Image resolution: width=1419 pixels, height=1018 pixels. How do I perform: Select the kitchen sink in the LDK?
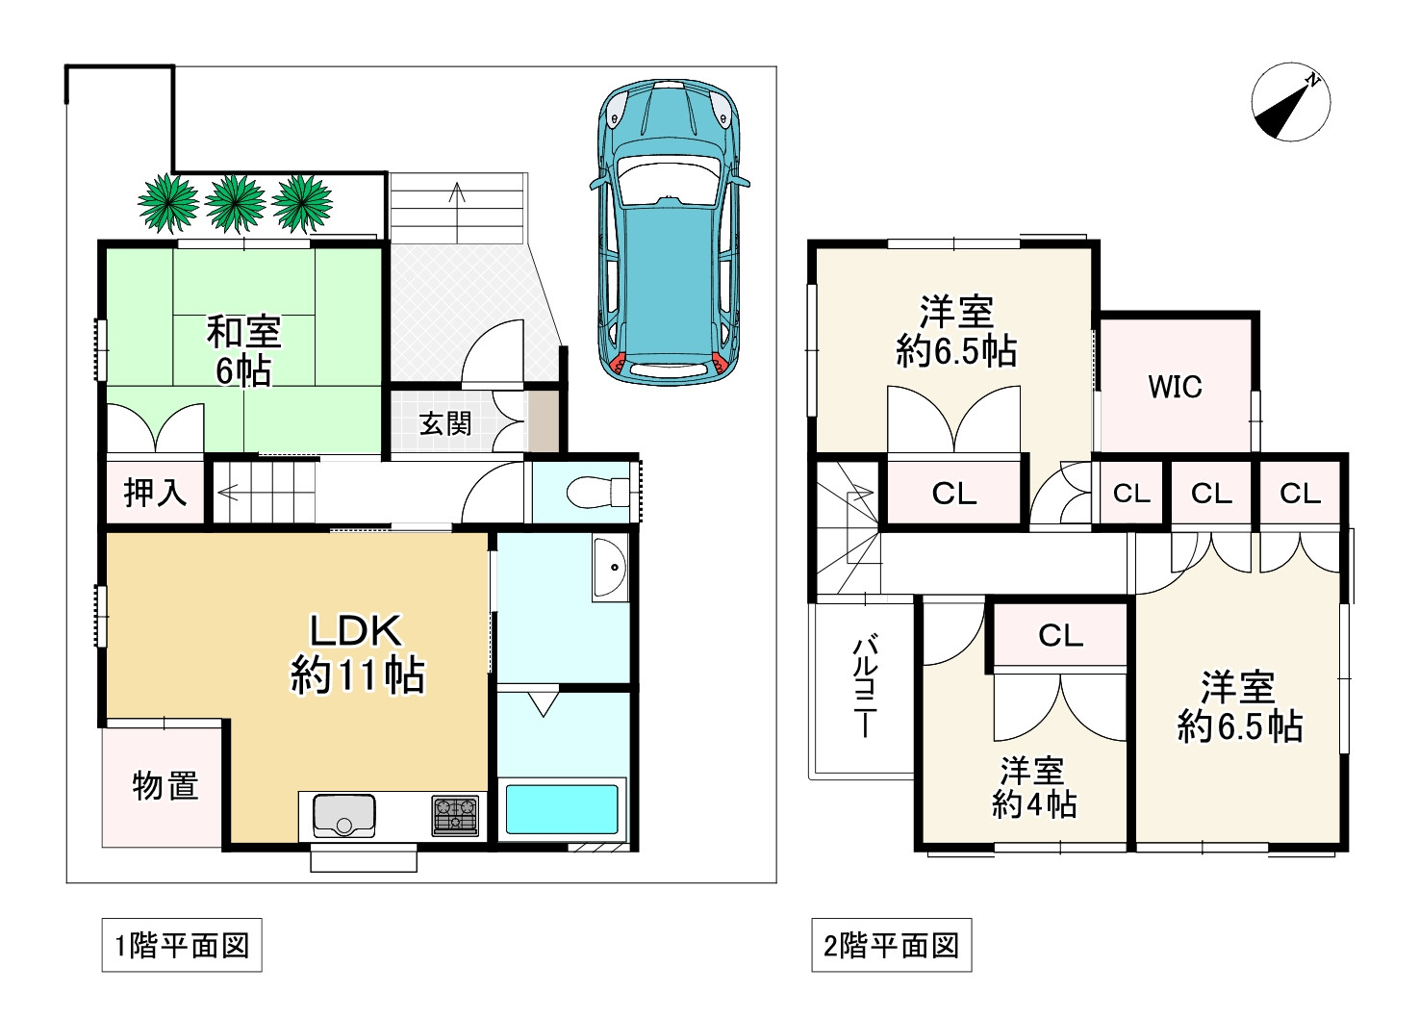tap(344, 815)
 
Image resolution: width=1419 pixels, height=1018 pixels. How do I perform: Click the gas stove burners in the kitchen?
tap(455, 815)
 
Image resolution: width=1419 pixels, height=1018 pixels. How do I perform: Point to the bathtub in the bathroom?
tap(561, 809)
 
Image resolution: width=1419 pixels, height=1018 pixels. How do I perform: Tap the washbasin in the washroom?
tap(610, 568)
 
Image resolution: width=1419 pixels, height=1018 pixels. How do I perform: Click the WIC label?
tap(1175, 387)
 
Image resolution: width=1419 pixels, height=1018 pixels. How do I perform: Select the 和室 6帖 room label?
tap(244, 351)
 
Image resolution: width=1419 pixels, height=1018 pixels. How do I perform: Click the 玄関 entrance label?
tap(446, 423)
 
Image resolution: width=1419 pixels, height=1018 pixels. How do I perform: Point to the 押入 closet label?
tap(155, 493)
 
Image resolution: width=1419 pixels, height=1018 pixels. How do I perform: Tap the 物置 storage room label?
tap(165, 785)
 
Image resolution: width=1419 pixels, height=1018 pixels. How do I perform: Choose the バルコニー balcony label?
tap(865, 687)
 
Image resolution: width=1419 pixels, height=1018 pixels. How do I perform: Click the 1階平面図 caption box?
tap(182, 946)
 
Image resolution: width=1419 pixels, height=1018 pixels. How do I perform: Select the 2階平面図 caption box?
tap(891, 946)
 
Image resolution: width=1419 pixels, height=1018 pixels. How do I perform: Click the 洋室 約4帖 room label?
tap(1033, 787)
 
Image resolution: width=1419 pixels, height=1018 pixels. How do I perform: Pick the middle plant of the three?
tap(235, 203)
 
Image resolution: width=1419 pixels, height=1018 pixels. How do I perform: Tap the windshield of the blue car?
tap(669, 179)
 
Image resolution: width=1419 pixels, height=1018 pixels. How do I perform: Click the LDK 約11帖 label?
tap(357, 653)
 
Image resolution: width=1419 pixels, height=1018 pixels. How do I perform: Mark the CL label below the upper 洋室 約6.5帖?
tap(954, 494)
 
